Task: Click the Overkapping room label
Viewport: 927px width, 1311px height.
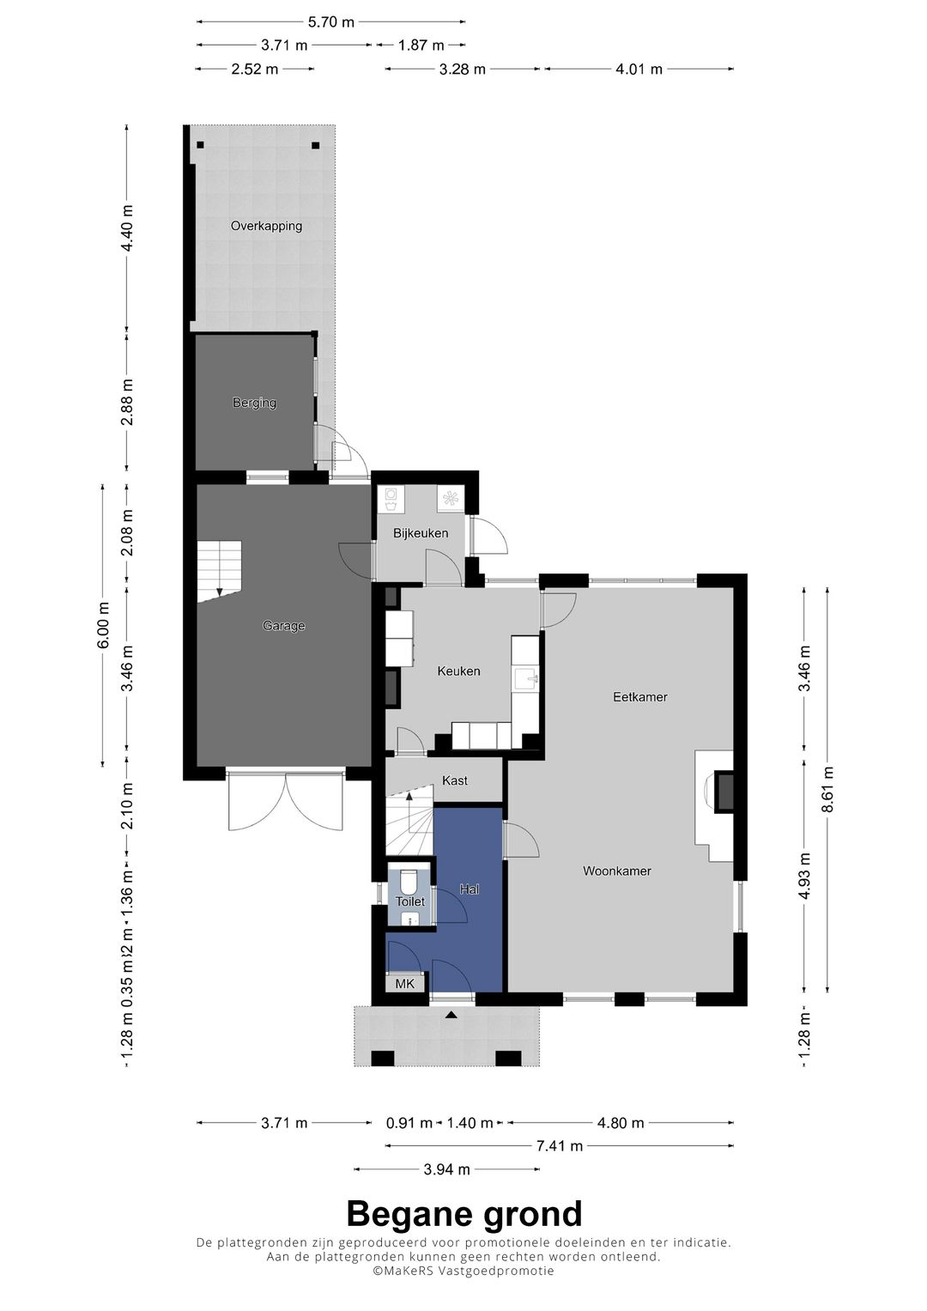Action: point(266,227)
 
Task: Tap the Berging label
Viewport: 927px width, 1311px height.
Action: point(254,403)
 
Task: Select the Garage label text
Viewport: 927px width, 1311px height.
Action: point(283,626)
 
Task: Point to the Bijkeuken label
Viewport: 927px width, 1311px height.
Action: point(421,533)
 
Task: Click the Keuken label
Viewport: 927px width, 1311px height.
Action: point(458,671)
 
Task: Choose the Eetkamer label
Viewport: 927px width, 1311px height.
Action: point(639,697)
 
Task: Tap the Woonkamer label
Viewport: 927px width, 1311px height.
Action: point(616,871)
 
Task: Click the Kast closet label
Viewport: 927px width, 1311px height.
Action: point(455,780)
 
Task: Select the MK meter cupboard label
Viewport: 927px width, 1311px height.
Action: point(404,984)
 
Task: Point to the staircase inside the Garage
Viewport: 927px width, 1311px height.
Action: point(220,570)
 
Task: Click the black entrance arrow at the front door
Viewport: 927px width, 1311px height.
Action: point(451,1016)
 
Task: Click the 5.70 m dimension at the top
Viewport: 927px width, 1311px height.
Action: point(330,22)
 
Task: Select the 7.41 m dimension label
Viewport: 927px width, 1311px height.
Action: point(559,1146)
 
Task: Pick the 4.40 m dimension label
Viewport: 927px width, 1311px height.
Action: point(127,228)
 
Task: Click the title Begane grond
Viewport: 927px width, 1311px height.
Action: point(463,1215)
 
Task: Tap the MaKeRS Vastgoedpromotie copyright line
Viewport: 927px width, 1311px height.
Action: point(463,1272)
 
